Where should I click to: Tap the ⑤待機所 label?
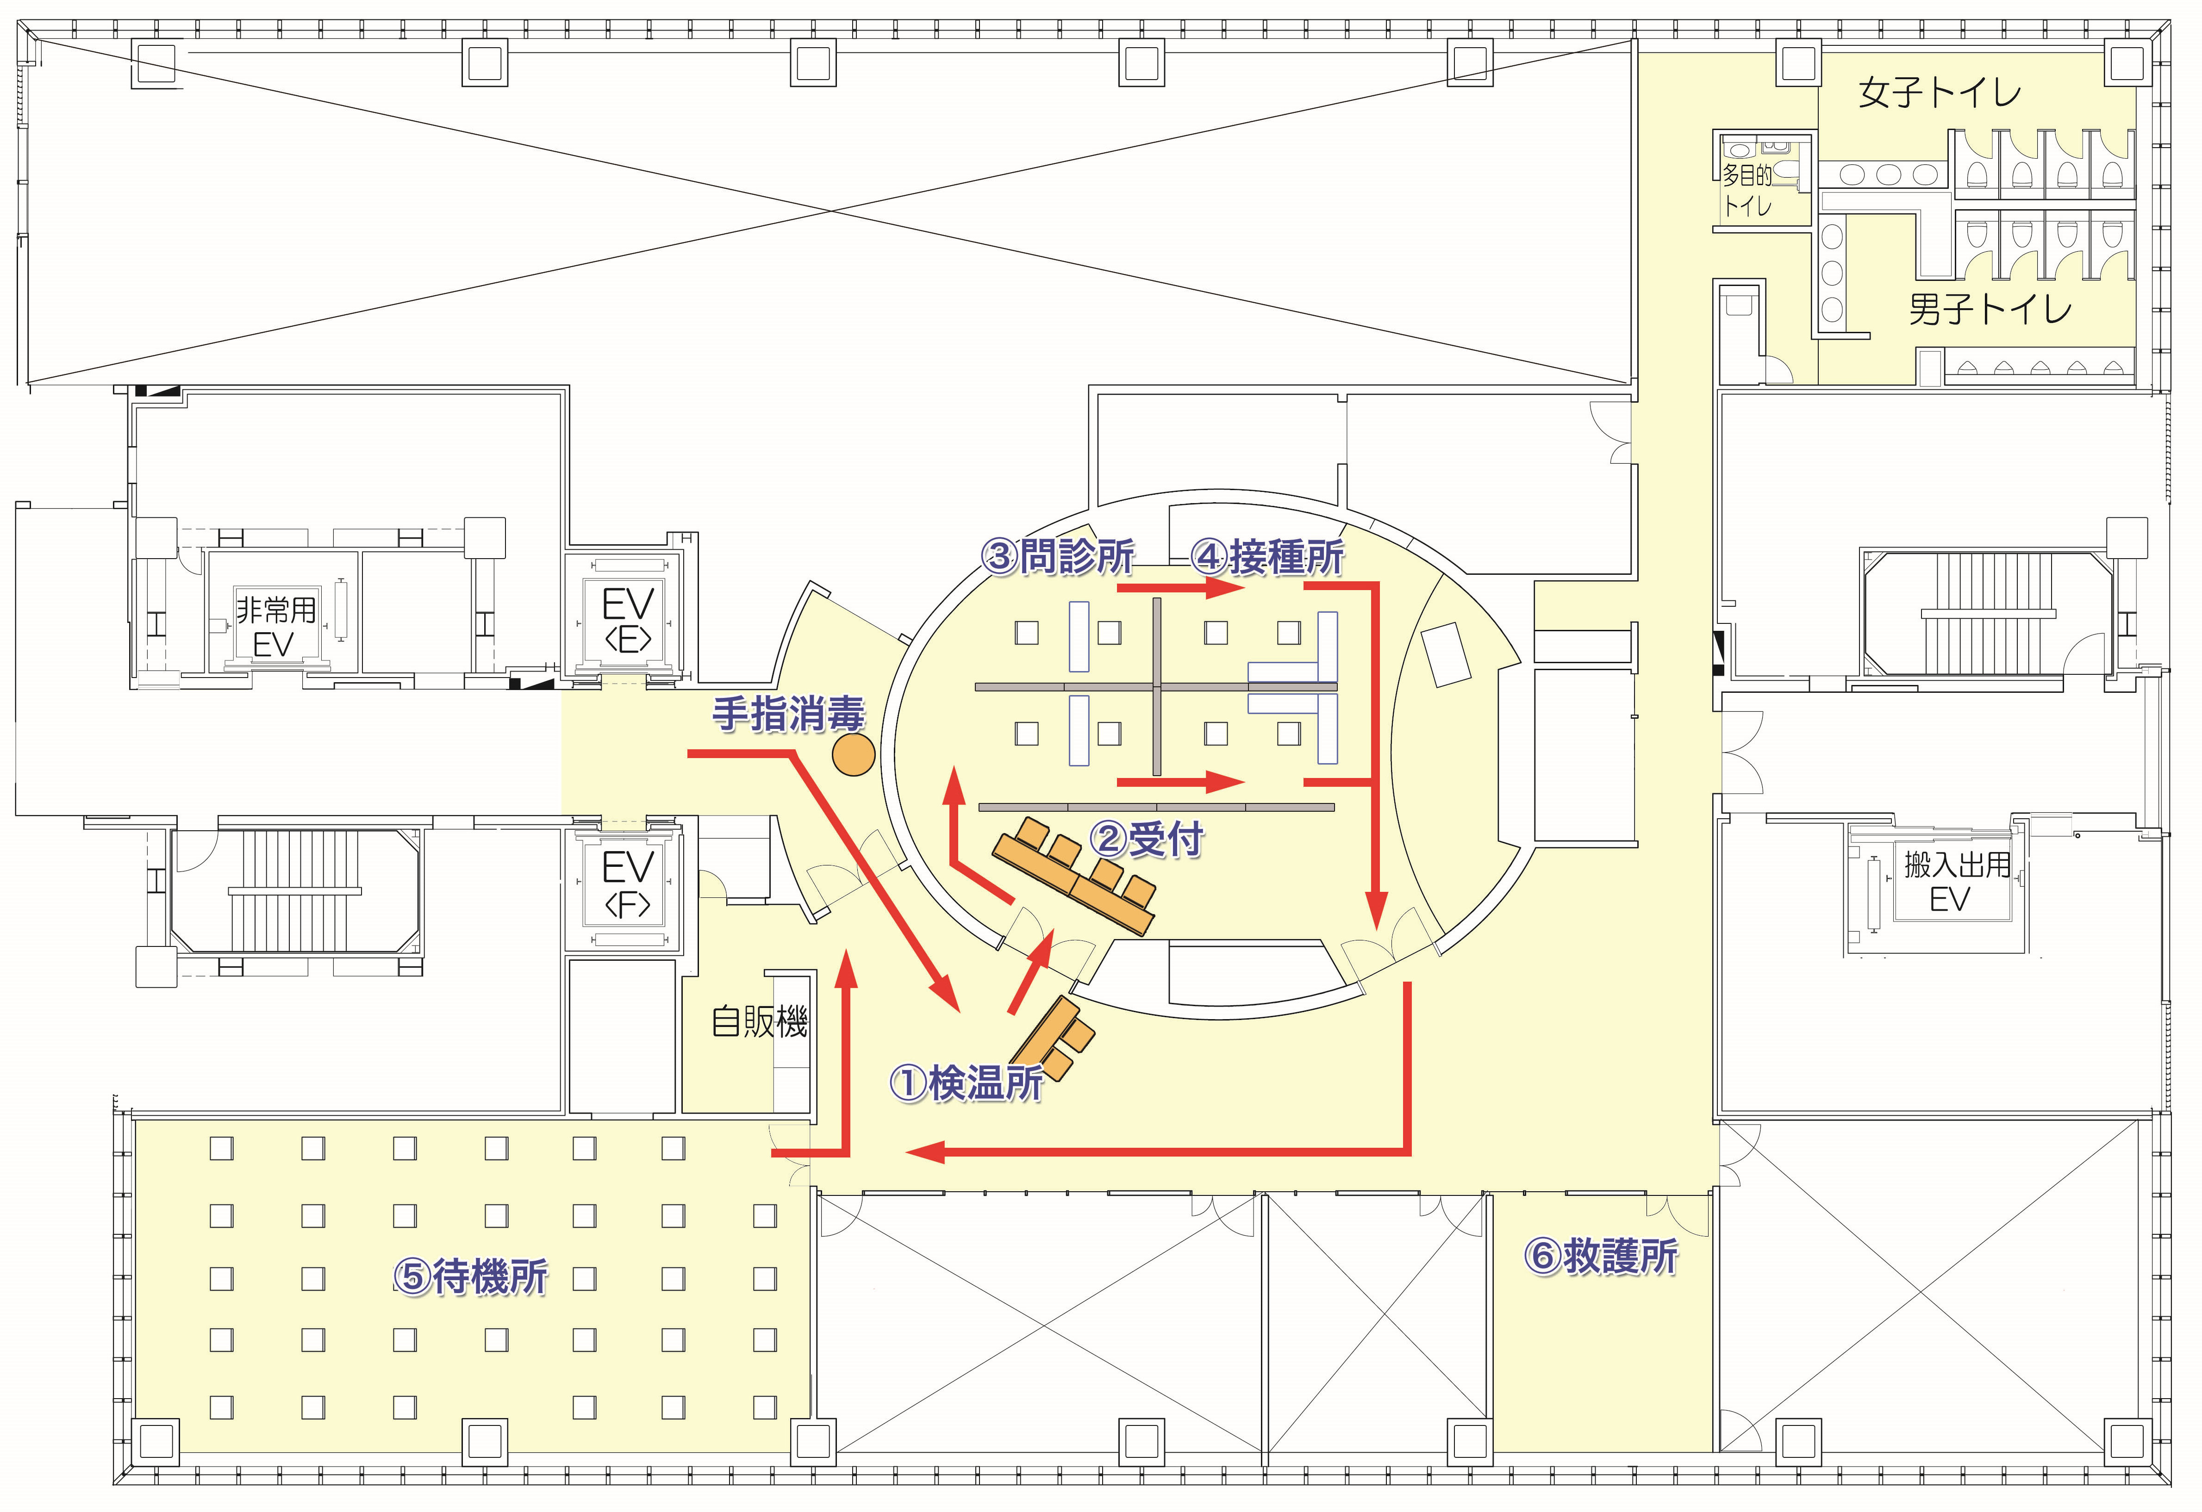point(471,1277)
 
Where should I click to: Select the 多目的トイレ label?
point(1747,189)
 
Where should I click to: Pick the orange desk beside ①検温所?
point(1052,1039)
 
